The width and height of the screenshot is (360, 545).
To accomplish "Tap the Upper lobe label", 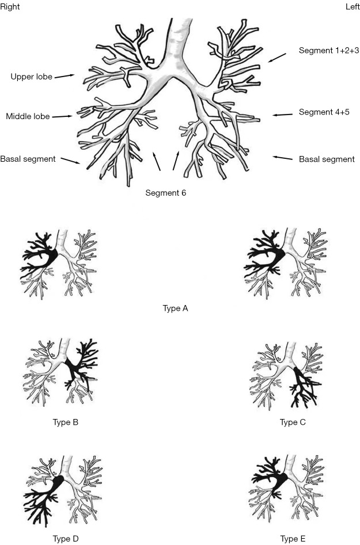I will click(x=31, y=76).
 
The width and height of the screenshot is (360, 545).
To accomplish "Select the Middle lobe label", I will click(x=28, y=116).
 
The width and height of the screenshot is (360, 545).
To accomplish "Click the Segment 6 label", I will click(x=166, y=193).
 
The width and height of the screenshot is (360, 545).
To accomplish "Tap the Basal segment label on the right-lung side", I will click(x=28, y=159).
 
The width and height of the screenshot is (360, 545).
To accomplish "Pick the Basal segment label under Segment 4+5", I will click(x=327, y=159).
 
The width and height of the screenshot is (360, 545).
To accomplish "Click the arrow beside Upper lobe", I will click(x=65, y=75).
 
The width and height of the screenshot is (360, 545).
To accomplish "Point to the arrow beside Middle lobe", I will click(x=62, y=116).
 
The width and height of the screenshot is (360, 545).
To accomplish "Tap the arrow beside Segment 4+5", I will click(x=283, y=115).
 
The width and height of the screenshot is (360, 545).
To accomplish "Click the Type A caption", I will click(x=176, y=308).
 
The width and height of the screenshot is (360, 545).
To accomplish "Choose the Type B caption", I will click(x=65, y=422).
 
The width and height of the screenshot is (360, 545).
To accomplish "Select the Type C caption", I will click(x=293, y=422).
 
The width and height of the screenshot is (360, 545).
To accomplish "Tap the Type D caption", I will click(x=65, y=539).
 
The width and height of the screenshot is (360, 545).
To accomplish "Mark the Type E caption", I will click(x=293, y=539).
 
